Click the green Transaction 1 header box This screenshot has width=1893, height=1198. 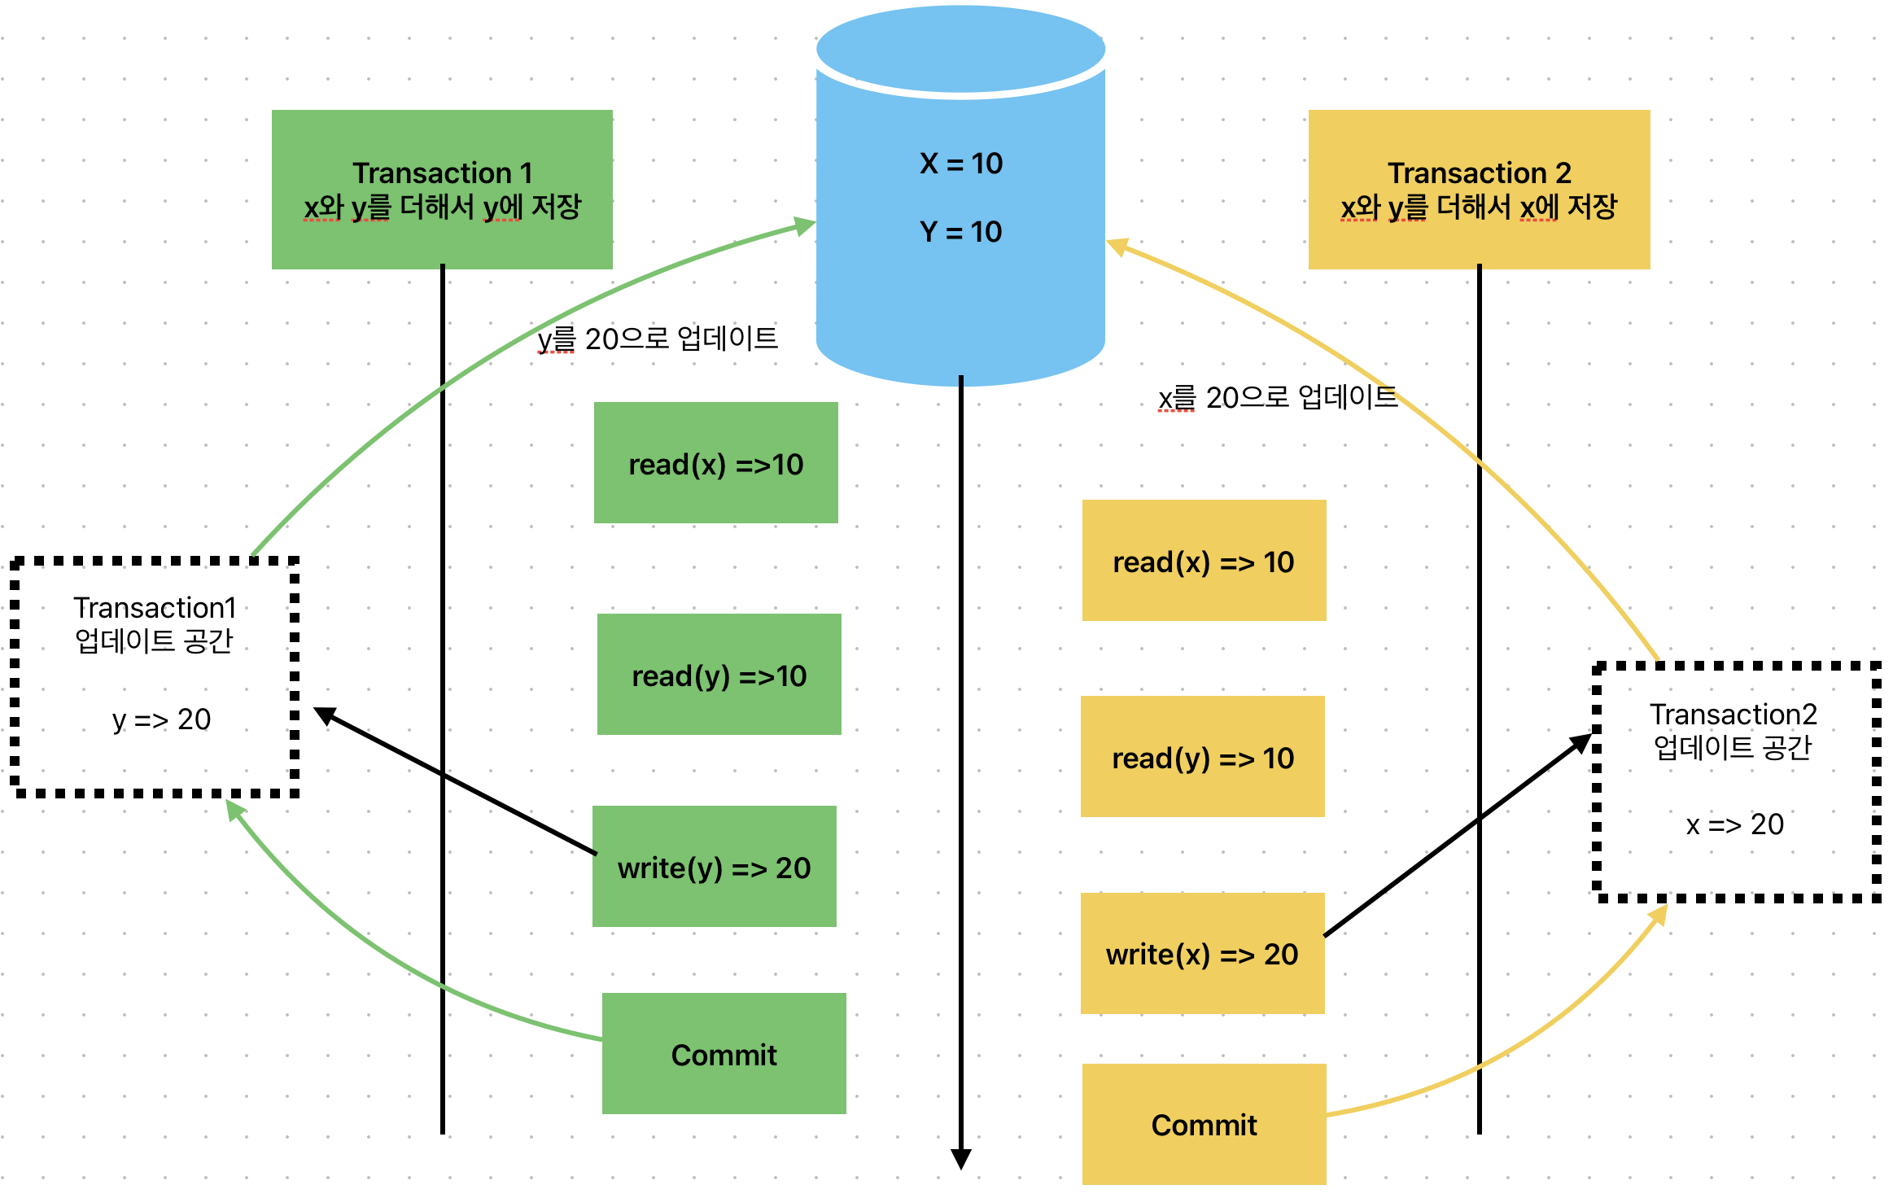click(442, 189)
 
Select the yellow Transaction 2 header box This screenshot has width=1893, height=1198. click(1479, 189)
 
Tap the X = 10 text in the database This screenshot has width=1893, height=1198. click(960, 164)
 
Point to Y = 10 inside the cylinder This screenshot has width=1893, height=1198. click(960, 232)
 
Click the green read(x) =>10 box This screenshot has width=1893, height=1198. click(715, 463)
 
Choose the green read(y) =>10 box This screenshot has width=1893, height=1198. click(719, 675)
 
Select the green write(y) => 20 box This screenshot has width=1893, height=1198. click(714, 867)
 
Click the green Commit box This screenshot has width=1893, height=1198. click(724, 1054)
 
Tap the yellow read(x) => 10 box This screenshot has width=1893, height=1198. click(1204, 561)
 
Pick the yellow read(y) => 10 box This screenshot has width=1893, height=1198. click(1202, 757)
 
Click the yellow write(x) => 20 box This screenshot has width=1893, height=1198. click(1202, 954)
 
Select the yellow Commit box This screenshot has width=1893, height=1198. click(1204, 1125)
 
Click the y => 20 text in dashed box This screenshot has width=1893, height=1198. click(161, 719)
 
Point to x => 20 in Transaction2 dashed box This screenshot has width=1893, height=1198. click(1734, 824)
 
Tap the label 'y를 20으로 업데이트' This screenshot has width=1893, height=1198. click(658, 339)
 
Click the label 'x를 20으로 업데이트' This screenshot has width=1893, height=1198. click(1278, 398)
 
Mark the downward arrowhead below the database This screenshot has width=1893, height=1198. click(961, 1159)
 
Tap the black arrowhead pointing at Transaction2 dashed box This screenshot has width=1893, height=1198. click(1580, 742)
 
